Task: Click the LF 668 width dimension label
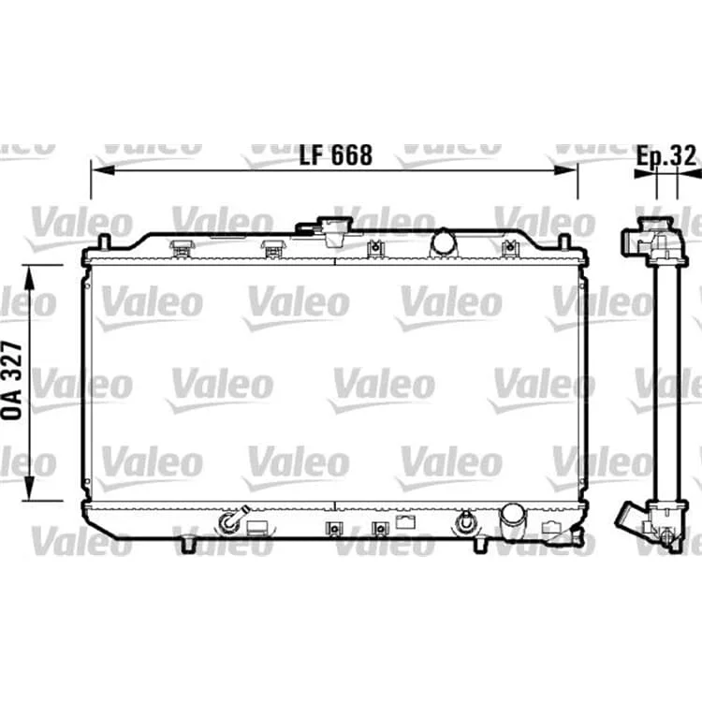pyautogui.click(x=335, y=154)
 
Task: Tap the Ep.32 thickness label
pyautogui.click(x=666, y=155)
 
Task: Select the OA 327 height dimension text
pyautogui.click(x=12, y=380)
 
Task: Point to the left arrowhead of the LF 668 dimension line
pyautogui.click(x=103, y=170)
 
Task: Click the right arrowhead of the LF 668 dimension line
pyautogui.click(x=565, y=170)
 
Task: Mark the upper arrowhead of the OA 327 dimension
pyautogui.click(x=29, y=277)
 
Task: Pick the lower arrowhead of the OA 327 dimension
pyautogui.click(x=29, y=489)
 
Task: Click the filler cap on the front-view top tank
pyautogui.click(x=335, y=231)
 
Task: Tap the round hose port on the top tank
pyautogui.click(x=444, y=242)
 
